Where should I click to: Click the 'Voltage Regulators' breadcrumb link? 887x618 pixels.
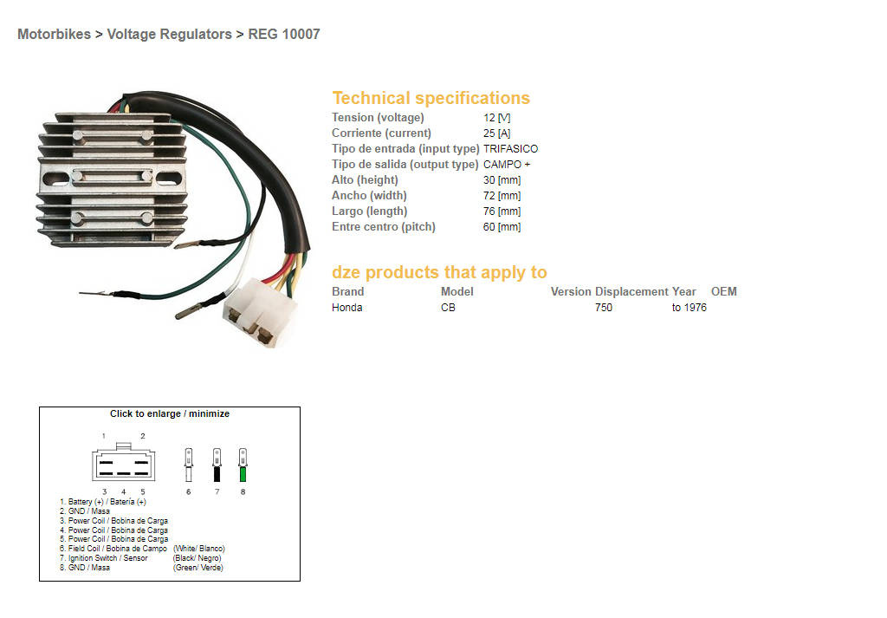click(169, 35)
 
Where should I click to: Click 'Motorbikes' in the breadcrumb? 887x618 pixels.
click(54, 35)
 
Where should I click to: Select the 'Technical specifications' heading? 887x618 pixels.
click(431, 98)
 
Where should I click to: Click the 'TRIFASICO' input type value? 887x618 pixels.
click(510, 149)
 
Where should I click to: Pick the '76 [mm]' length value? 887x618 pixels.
click(502, 211)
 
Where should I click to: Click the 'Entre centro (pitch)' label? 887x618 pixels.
click(383, 227)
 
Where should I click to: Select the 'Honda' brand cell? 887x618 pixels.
click(347, 308)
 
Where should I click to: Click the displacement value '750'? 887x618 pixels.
click(603, 308)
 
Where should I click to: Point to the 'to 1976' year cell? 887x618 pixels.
click(689, 308)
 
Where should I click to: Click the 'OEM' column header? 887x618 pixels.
click(723, 292)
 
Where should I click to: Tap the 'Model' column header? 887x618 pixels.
click(456, 292)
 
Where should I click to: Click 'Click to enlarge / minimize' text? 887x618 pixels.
click(170, 414)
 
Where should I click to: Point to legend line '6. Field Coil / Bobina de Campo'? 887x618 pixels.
click(113, 549)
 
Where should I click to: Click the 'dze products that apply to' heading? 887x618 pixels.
click(439, 272)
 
